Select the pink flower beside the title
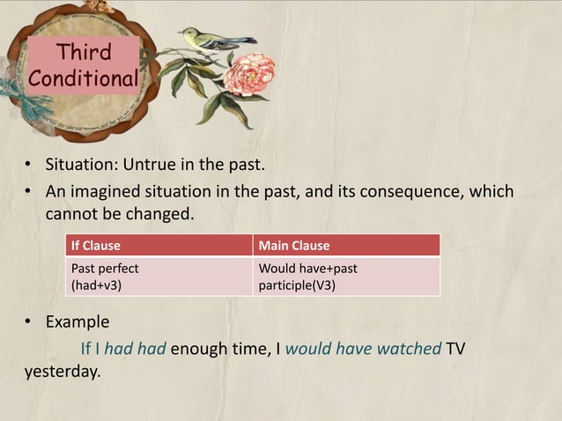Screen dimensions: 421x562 coord(248,75)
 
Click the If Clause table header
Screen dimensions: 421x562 coord(96,245)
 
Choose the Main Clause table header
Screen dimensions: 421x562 coord(293,245)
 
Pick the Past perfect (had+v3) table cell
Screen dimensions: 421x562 coord(105,277)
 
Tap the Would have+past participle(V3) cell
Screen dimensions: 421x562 coord(307,277)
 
